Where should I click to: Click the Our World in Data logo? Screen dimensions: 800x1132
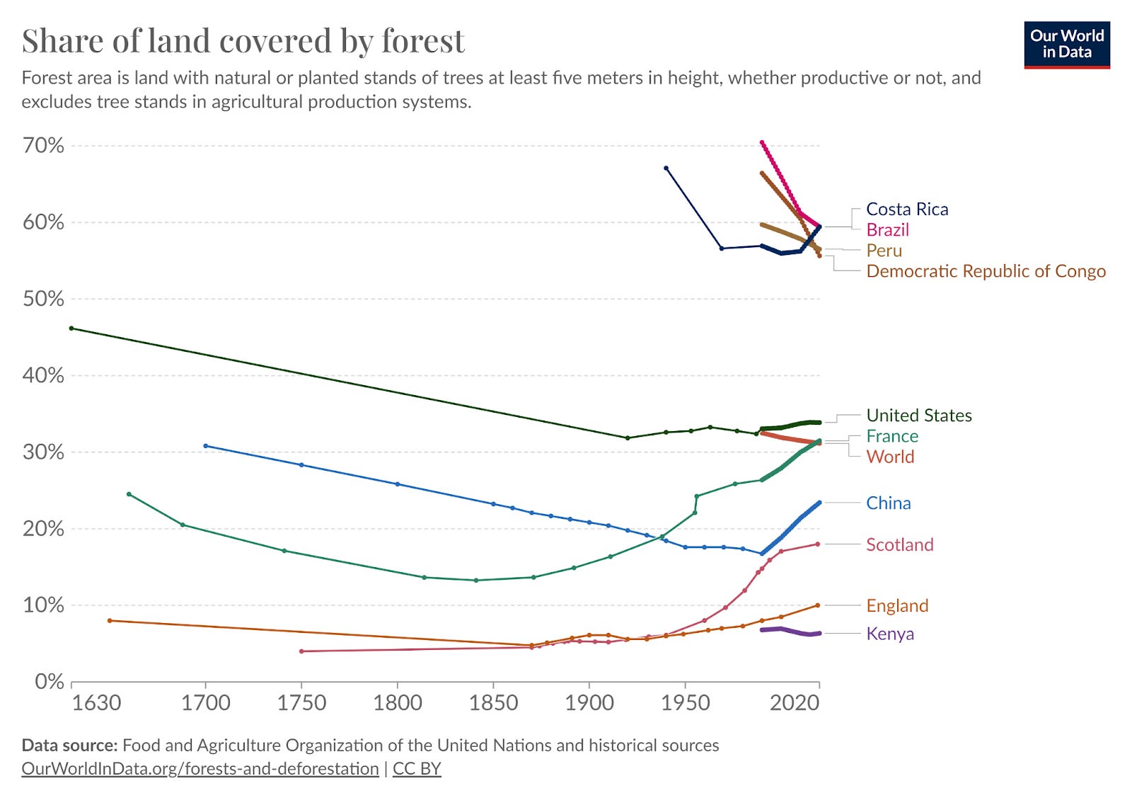(1066, 45)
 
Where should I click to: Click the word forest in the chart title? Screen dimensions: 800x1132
(423, 41)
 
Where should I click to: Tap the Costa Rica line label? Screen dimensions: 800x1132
(906, 209)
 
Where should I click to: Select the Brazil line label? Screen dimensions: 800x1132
(887, 229)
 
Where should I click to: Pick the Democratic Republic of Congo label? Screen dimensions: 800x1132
(986, 271)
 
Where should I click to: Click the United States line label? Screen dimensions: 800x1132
(918, 416)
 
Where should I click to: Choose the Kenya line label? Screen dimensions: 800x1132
(889, 634)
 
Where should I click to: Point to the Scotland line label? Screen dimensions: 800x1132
(899, 544)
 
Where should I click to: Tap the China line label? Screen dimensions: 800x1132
(888, 503)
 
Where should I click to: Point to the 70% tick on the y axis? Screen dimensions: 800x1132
(43, 146)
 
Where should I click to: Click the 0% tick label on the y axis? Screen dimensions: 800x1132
(50, 681)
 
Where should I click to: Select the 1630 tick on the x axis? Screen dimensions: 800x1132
(96, 703)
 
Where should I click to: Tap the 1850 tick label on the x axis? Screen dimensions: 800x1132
(493, 703)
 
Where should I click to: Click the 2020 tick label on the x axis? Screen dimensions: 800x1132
(795, 703)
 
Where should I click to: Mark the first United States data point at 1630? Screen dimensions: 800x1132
(71, 328)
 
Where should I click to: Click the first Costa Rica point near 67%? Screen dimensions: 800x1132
(666, 168)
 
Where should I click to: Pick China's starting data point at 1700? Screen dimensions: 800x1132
(206, 446)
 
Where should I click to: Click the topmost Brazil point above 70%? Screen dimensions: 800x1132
(762, 143)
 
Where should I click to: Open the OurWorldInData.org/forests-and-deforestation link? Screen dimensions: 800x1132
(200, 769)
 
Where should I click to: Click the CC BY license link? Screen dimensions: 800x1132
(417, 769)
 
